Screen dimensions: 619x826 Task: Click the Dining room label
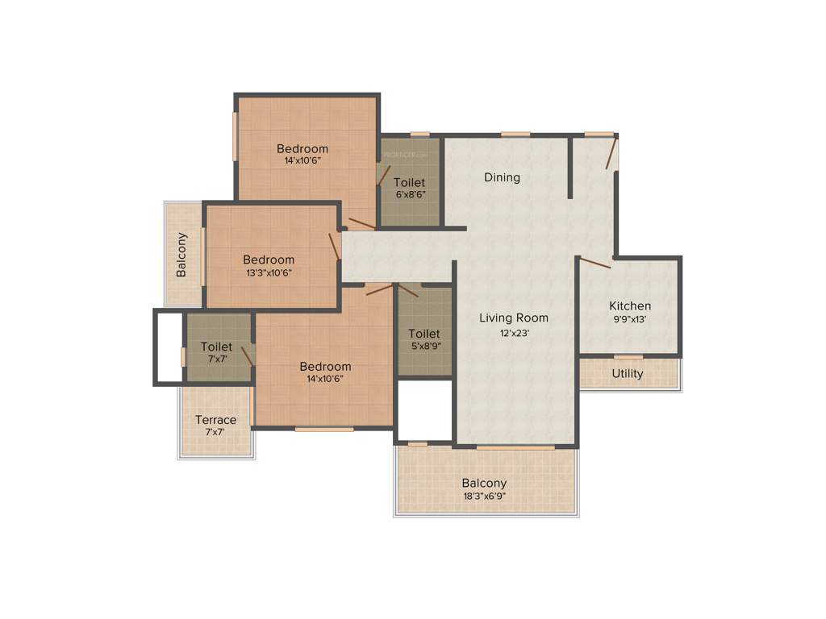(502, 177)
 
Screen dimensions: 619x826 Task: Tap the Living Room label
(514, 318)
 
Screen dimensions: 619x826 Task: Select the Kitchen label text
(630, 306)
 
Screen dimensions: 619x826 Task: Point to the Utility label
(628, 374)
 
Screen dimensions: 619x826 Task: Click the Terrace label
(216, 420)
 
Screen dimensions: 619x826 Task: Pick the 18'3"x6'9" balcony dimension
(485, 496)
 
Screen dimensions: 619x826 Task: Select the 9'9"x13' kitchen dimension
(630, 319)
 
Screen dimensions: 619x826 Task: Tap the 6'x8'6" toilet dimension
(410, 194)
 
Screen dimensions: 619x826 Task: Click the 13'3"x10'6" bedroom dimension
(269, 272)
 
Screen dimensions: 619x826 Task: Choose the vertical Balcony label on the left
(182, 255)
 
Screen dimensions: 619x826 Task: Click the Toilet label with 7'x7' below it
(216, 347)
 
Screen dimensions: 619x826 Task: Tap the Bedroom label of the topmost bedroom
(302, 148)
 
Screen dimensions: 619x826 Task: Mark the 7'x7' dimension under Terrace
(215, 432)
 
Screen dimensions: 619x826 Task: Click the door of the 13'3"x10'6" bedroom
(334, 247)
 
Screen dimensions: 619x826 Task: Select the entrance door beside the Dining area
(612, 153)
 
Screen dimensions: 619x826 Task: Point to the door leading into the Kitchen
(595, 262)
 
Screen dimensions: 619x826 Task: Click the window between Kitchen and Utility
(628, 357)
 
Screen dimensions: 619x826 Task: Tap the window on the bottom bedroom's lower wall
(323, 429)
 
